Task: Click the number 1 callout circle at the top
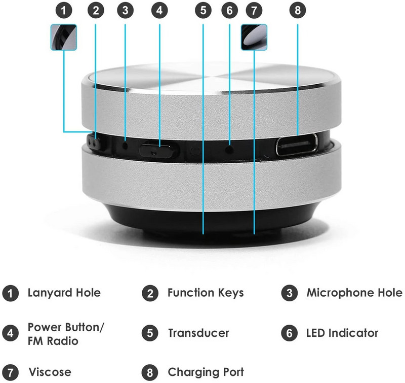63,10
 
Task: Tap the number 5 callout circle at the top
203,10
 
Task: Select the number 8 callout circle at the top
297,10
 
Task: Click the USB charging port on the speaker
297,145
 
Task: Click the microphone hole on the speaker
125,145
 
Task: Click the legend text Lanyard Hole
64,293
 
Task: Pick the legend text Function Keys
206,293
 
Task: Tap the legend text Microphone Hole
354,293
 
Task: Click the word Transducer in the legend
198,333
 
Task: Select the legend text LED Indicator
342,333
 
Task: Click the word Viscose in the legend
50,372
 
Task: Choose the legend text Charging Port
206,372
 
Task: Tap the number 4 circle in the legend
10,333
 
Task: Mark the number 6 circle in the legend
290,333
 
